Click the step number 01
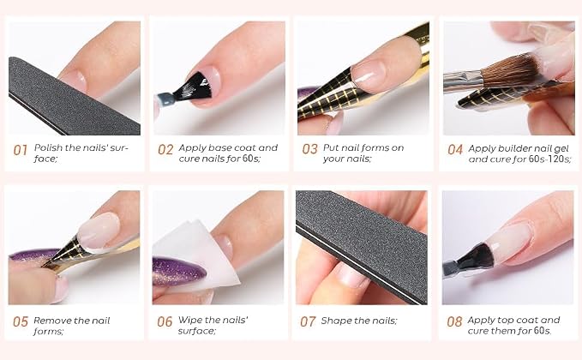21,150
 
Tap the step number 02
165,149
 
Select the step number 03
310,149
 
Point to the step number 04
455,149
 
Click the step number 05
21,321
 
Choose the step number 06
165,321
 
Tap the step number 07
308,321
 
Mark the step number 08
454,321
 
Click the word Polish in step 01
48,147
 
